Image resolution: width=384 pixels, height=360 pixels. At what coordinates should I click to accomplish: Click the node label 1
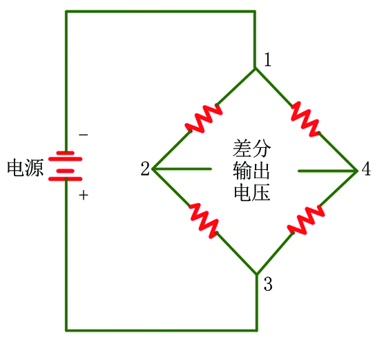point(268,59)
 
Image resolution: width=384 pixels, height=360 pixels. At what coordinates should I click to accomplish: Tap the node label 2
point(145,169)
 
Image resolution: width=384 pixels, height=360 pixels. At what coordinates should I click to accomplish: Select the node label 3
point(268,284)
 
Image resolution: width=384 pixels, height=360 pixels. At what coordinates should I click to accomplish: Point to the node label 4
point(366,169)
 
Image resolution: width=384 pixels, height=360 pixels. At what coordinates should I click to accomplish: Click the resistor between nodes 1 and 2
point(204,119)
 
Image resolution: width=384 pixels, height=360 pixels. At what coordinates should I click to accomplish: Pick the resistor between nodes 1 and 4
point(305,119)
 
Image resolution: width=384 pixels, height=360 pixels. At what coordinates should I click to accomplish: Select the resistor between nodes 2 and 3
point(204,220)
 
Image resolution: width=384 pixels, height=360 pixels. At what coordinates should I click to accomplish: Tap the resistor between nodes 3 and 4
point(306,220)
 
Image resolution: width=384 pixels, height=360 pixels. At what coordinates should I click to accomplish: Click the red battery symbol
point(65,166)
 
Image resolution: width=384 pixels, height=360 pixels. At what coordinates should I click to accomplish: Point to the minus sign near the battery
point(84,135)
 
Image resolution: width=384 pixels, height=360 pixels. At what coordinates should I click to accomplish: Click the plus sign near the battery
point(84,196)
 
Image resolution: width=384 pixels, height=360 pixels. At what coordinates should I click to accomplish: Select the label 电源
point(26,168)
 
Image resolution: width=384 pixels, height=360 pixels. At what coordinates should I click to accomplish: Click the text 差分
point(252,149)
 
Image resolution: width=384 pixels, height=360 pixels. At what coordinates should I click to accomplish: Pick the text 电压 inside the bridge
point(252,192)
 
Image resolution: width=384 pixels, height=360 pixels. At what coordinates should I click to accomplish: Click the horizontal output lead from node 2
point(182,169)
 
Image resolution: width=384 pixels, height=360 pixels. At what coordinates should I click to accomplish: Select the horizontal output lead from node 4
point(327,171)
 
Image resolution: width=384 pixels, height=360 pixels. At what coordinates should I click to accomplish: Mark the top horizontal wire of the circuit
point(160,12)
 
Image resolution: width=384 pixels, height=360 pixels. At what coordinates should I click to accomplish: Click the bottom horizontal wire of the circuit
point(162,330)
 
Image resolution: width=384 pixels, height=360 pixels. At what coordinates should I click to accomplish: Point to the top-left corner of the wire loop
point(66,12)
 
